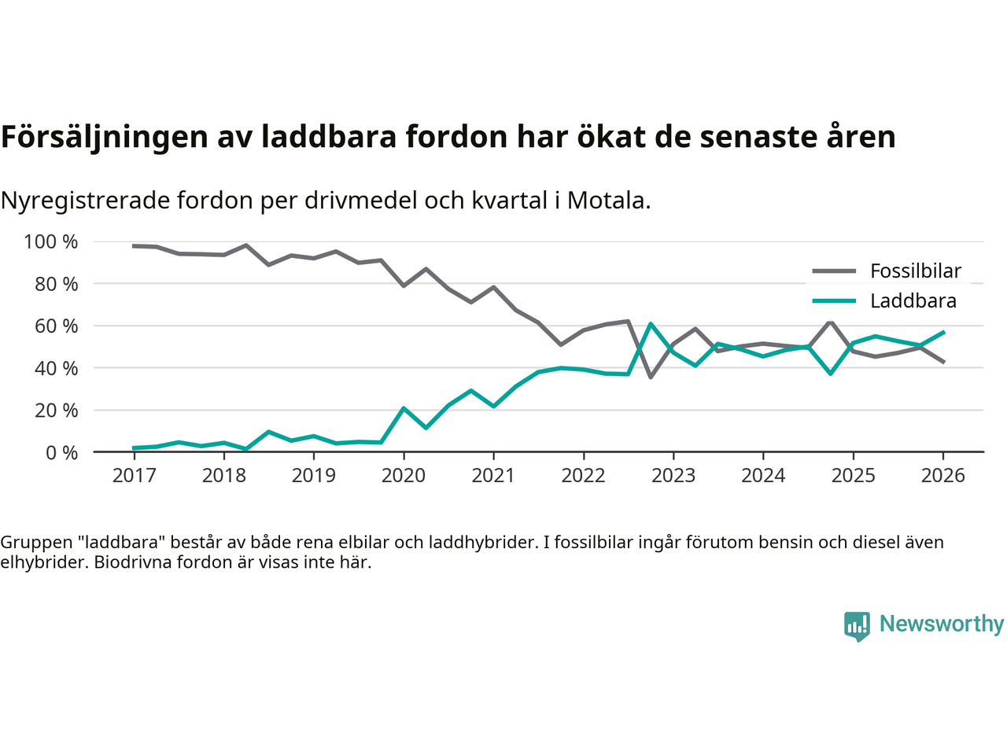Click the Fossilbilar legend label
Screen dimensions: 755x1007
[x=915, y=271]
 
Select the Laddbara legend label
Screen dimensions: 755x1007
[x=913, y=301]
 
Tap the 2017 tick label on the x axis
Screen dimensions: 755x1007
[x=134, y=476]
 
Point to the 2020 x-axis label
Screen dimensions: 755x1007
[x=404, y=476]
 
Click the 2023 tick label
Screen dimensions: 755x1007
[x=673, y=476]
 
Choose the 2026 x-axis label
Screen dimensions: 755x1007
[x=942, y=476]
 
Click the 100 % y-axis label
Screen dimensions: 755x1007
[x=51, y=241]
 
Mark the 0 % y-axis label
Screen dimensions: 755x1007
[x=61, y=452]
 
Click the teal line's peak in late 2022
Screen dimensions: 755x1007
[x=651, y=324]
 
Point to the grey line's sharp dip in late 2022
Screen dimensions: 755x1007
[x=651, y=377]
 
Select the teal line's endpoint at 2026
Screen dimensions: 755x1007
[x=943, y=332]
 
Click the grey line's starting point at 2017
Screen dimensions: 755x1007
[x=134, y=246]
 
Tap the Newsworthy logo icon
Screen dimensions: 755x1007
[x=857, y=625]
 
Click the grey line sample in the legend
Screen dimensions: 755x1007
[x=833, y=271]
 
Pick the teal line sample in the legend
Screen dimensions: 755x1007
[x=833, y=301]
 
